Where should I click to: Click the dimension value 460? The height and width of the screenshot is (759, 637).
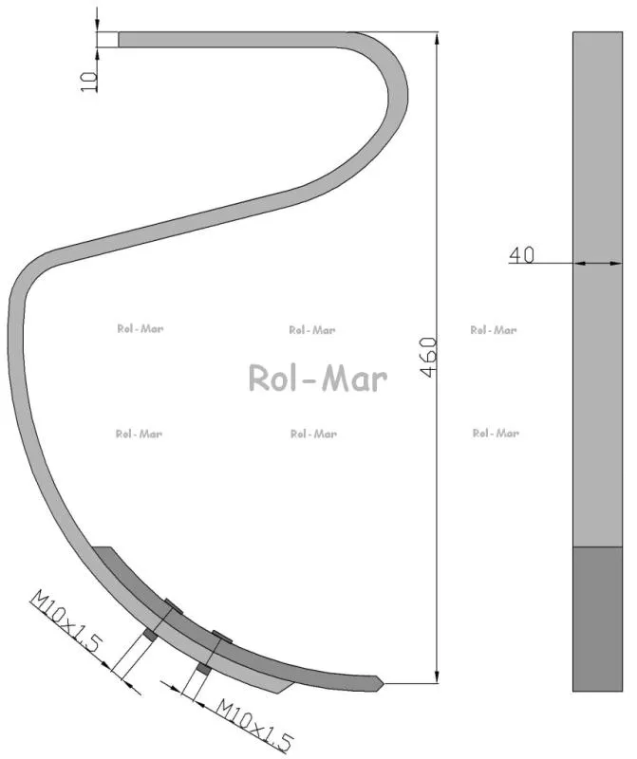click(x=429, y=358)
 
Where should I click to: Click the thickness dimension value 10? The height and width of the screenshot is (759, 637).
click(x=88, y=82)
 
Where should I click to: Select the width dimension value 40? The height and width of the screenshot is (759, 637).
click(x=521, y=254)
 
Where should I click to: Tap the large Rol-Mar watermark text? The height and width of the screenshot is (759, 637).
click(x=318, y=378)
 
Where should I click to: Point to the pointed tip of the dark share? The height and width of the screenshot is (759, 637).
click(x=383, y=683)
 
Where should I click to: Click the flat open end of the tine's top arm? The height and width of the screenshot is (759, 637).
click(x=120, y=40)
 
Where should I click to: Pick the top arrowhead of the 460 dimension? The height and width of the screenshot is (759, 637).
click(x=437, y=39)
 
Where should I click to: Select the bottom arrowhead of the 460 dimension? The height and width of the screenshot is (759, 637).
click(x=437, y=676)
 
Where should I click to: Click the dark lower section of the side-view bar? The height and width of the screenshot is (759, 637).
click(x=597, y=619)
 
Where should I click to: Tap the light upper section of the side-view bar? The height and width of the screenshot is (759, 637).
click(x=597, y=289)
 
